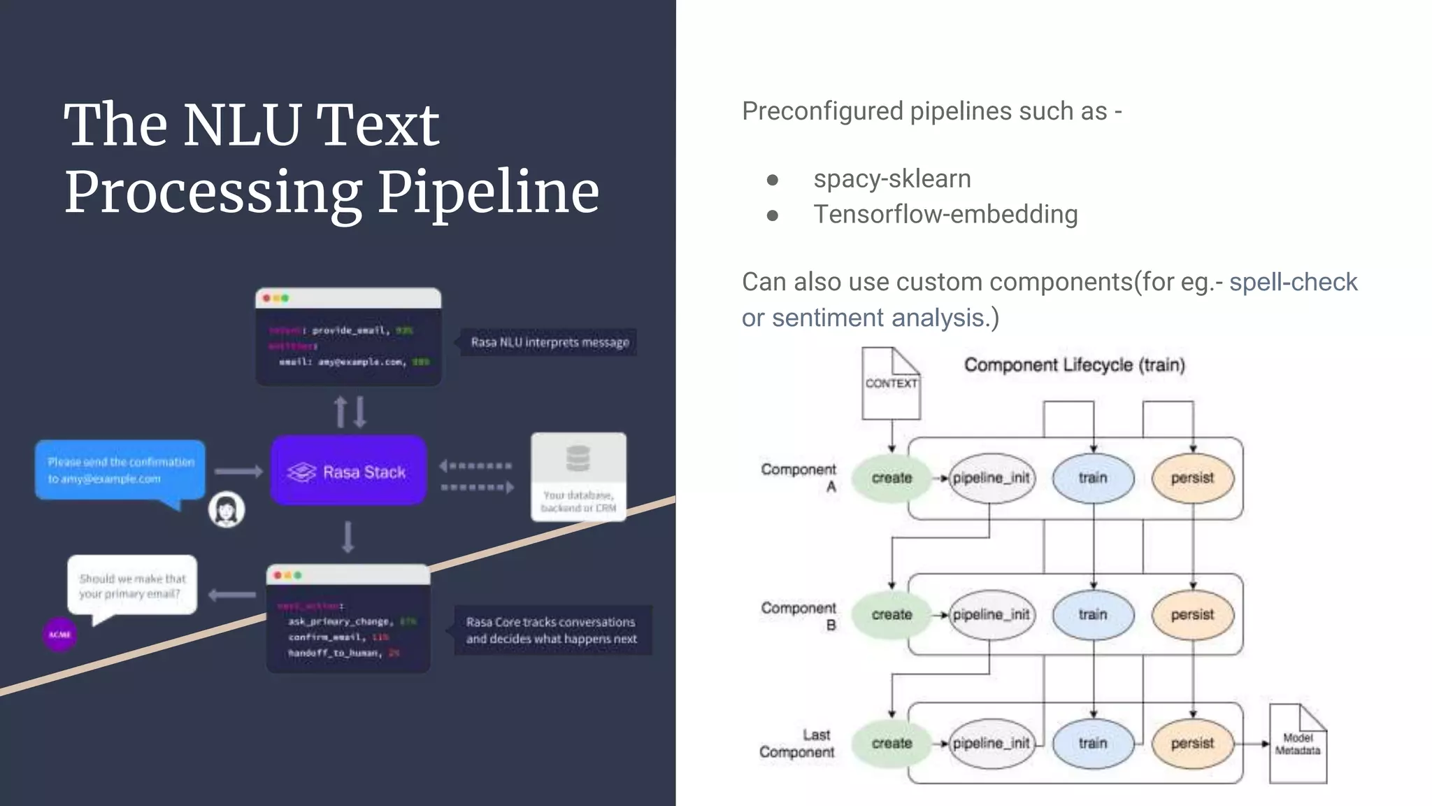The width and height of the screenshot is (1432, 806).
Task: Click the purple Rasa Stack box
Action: [348, 471]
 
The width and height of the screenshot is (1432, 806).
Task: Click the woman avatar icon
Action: [227, 510]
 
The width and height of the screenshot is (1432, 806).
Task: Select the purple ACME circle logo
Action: [60, 635]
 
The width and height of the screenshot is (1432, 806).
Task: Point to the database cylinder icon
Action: [578, 459]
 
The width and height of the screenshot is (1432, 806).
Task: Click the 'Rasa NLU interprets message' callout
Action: [550, 342]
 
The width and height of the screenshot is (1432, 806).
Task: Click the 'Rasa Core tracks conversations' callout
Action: [552, 630]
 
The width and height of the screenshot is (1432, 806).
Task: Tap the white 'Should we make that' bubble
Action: [132, 586]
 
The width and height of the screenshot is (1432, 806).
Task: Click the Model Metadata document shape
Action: [1298, 744]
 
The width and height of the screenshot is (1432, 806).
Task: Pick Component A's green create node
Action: [892, 478]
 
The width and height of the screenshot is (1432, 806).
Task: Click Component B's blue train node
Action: [1093, 614]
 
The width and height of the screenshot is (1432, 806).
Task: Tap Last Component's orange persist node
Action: [1192, 743]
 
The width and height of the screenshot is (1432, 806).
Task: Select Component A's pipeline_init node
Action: [991, 478]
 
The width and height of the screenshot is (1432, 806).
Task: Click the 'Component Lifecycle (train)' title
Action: [1074, 365]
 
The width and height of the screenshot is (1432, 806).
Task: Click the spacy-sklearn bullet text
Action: [892, 179]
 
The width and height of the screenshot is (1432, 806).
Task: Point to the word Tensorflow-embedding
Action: [945, 215]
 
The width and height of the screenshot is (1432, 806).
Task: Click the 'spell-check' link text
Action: [1293, 282]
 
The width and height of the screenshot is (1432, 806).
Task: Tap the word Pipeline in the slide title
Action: [488, 192]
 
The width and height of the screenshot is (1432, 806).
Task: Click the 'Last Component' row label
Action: [797, 743]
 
